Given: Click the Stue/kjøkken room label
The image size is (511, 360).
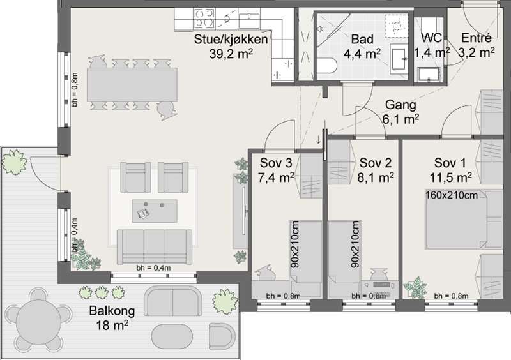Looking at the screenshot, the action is click(x=231, y=40).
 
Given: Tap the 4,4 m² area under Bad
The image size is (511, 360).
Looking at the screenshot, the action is click(x=362, y=54).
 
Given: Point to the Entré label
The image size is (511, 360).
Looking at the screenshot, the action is click(x=476, y=38).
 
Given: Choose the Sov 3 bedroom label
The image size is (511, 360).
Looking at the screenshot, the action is click(x=276, y=163).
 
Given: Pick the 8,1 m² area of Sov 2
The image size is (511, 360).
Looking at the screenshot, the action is click(x=376, y=177).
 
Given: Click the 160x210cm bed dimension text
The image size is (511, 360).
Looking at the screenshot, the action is click(x=452, y=195).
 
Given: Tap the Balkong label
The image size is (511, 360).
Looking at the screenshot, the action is click(x=112, y=311).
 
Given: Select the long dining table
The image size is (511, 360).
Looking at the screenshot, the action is click(x=132, y=85).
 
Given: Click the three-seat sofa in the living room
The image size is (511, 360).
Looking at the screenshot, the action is click(x=155, y=246).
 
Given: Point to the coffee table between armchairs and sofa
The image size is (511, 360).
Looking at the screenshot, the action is click(x=155, y=211).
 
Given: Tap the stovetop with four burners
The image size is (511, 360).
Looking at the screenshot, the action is click(x=204, y=19).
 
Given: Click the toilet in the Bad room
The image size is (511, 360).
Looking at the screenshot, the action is click(x=326, y=66).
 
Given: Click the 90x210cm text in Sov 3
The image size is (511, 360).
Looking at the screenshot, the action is click(x=295, y=244).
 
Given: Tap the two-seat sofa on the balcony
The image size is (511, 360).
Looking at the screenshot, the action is click(x=172, y=301).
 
